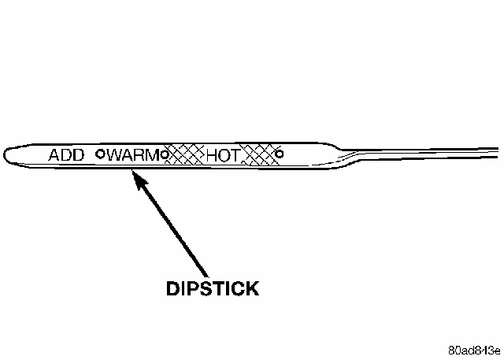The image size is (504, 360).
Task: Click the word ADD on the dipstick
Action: click(x=66, y=154)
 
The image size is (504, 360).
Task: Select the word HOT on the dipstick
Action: click(x=221, y=155)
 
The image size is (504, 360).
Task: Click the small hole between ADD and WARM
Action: click(x=100, y=154)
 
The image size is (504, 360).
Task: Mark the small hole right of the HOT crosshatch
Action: click(x=279, y=154)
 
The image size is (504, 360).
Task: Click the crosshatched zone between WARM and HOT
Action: click(x=187, y=154)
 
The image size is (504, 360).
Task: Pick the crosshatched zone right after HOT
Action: click(x=259, y=154)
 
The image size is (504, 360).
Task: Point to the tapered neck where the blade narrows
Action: click(x=346, y=153)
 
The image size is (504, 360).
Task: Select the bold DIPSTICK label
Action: click(x=212, y=289)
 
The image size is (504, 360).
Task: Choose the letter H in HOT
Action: click(x=211, y=155)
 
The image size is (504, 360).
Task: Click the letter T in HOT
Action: click(x=232, y=155)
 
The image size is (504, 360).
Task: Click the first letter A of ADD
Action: click(x=54, y=154)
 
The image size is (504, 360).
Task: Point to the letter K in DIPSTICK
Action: click(x=250, y=289)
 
